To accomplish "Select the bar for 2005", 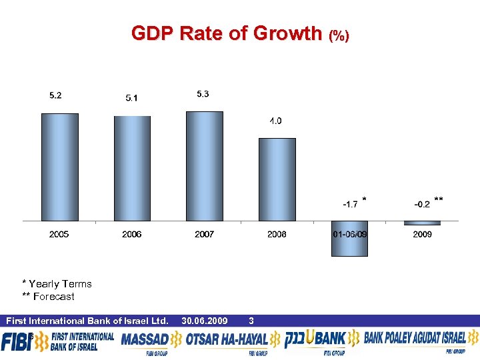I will coord(59,167).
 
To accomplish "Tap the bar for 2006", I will coord(132,168).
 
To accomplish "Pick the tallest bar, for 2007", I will coord(204,165).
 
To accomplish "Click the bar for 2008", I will coord(277,179).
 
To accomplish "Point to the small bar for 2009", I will coord(422,223).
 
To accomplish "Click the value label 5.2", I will coord(56,95).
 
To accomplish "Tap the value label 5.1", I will coord(132,99).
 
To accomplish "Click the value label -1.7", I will coord(350,204).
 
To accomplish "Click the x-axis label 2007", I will coord(204,234).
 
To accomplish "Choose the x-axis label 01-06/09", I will coord(349,234).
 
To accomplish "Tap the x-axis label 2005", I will coord(59,234).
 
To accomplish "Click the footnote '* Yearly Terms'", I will coord(57,284).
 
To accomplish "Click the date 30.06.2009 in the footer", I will coord(204,321).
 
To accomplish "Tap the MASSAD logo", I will coord(145,341).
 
